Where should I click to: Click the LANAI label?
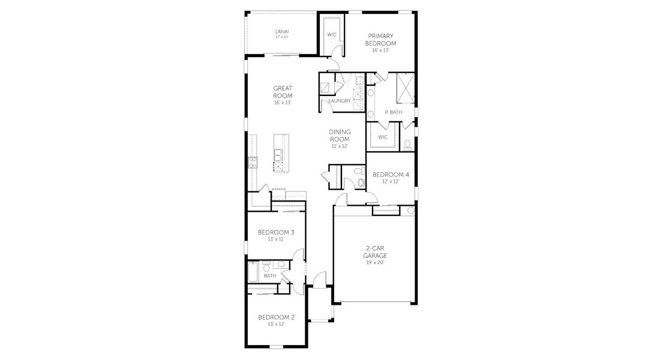pos(281,31)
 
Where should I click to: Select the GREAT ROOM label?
pos(283,92)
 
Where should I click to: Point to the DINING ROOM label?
pos(339,136)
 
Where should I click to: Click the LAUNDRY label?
pos(340,101)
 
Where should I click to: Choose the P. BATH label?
pos(393,112)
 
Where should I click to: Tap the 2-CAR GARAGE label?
pos(375,251)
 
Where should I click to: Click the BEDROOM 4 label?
pos(391,175)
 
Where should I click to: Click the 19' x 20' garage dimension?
pos(375,262)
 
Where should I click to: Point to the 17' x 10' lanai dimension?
pos(281,37)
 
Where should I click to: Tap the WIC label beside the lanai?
pos(331,34)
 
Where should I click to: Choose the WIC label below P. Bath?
pos(383,137)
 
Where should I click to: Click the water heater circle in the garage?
pos(410,211)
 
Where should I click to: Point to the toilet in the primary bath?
pos(407,144)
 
